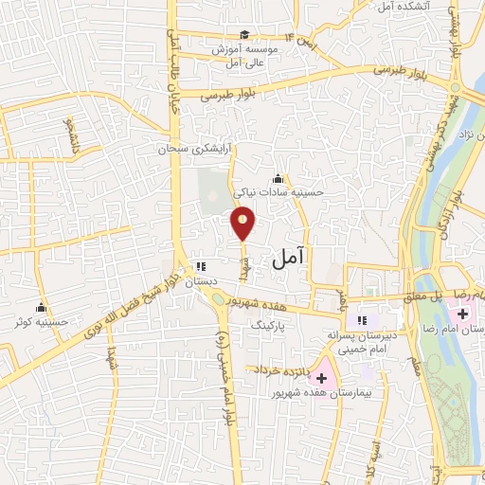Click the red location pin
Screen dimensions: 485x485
243,223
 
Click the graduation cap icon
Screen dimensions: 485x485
244,35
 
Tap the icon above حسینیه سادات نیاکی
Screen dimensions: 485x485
278,178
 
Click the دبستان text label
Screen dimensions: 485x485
200,281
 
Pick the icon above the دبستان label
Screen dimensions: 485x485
200,267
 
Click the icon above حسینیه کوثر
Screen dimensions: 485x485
41,307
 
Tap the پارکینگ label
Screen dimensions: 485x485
267,324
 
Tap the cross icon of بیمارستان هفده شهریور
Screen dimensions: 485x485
320,378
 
